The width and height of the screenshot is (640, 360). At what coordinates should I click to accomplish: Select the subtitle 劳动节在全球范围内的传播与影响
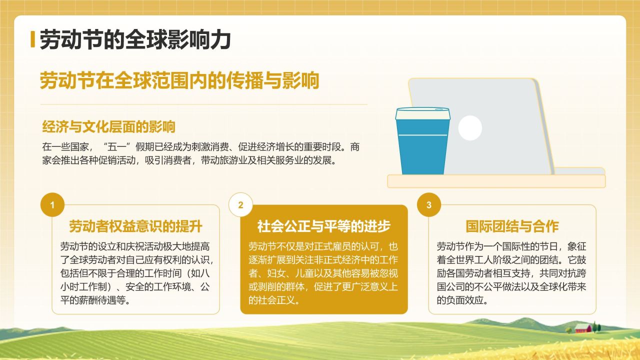179,80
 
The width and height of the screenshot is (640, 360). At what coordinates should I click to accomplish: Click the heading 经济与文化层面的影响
108,127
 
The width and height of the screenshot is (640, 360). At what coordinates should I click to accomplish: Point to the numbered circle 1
53,205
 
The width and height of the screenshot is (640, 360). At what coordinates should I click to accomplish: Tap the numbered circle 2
240,205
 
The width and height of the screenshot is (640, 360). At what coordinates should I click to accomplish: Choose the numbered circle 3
429,205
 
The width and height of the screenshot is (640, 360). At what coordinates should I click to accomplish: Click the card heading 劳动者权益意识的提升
135,226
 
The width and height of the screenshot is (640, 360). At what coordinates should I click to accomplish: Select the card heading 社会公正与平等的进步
323,226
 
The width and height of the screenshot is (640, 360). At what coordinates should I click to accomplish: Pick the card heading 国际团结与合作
512,226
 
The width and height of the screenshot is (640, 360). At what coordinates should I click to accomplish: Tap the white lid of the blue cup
422,113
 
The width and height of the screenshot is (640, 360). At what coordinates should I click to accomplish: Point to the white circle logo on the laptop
470,127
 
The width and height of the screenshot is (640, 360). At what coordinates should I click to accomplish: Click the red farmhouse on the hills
583,328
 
